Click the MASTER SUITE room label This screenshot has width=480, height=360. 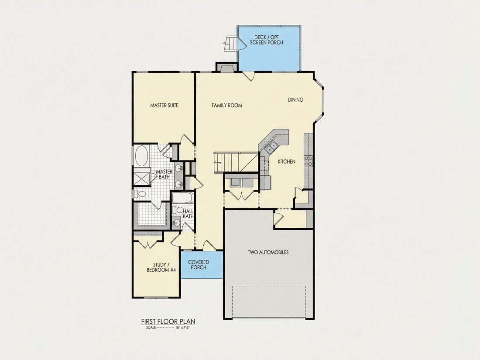164,105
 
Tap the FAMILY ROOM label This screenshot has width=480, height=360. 227,105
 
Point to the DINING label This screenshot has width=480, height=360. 295,99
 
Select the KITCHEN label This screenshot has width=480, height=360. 287,161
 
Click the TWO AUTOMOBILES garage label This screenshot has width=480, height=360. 268,253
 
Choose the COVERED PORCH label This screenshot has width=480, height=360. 199,265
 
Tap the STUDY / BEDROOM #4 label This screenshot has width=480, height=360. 161,267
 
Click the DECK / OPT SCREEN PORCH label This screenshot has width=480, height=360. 266,40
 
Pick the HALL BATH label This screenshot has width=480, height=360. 188,214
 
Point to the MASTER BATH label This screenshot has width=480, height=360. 164,174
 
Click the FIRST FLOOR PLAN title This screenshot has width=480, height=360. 168,322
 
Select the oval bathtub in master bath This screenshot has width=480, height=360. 142,155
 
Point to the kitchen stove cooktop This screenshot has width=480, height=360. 308,161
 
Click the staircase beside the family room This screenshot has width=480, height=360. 236,162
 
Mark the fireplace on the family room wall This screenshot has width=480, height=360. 226,67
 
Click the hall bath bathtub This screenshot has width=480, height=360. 182,198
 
